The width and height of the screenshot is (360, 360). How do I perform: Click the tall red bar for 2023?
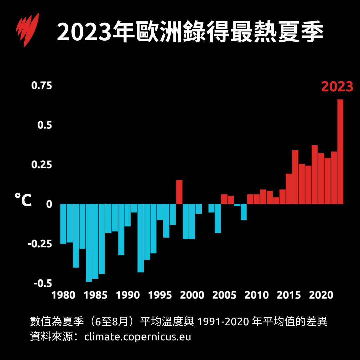coord(340,152)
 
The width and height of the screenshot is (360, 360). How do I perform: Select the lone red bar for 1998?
coord(179,192)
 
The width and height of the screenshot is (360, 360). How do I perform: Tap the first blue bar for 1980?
coord(63,224)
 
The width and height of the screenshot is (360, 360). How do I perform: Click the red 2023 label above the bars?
coord(337,87)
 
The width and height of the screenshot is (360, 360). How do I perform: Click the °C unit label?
coord(23,200)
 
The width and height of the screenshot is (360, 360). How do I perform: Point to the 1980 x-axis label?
coord(64,295)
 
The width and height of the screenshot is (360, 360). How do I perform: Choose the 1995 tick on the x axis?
coord(160,295)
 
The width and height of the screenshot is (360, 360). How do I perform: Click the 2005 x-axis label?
coord(224,295)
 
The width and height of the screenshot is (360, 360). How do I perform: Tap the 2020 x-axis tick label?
coord(321,295)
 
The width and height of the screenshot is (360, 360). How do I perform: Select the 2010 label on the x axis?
coord(256,295)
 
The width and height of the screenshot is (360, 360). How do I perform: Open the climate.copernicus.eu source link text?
coord(138,336)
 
